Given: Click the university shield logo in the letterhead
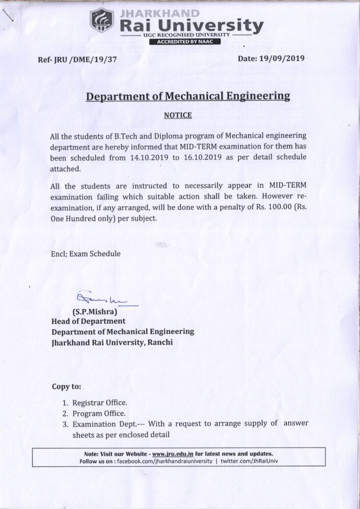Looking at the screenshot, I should (102, 21).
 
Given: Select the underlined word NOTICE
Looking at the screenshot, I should (178, 116).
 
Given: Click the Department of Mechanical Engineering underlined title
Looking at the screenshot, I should (188, 96).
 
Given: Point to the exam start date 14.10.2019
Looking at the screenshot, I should (151, 157).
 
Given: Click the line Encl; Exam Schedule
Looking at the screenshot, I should (86, 253).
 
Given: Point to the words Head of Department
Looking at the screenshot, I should (88, 321).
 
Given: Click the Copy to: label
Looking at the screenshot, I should (66, 386).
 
